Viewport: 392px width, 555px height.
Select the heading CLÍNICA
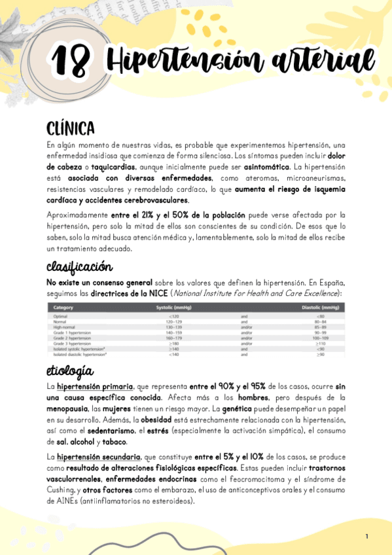pyautogui.click(x=71, y=127)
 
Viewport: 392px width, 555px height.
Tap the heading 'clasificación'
pyautogui.click(x=79, y=267)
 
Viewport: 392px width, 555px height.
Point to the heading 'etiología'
pyautogui.click(x=69, y=372)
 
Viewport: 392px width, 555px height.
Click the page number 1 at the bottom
pyautogui.click(x=366, y=537)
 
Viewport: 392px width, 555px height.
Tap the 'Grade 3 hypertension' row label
pyautogui.click(x=72, y=343)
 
